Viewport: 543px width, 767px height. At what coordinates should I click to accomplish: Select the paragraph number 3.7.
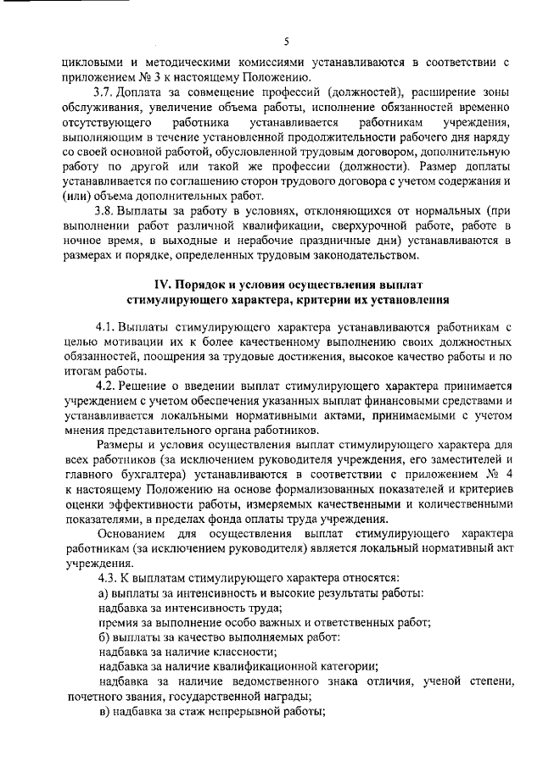coord(104,92)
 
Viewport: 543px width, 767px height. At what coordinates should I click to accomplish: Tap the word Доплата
coord(142,92)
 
